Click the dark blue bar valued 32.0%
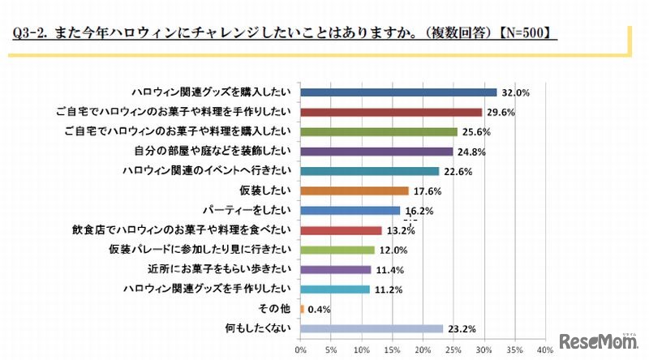[x=398, y=92]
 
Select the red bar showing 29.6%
[x=391, y=112]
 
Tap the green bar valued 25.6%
[x=378, y=131]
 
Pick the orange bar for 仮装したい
[x=354, y=191]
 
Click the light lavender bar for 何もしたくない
[x=372, y=328]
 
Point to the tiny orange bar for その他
[x=302, y=309]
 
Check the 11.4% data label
[x=388, y=270]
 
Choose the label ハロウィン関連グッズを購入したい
[x=212, y=92]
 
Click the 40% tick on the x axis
[x=544, y=350]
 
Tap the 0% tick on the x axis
[x=300, y=350]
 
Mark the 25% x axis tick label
[x=453, y=350]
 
